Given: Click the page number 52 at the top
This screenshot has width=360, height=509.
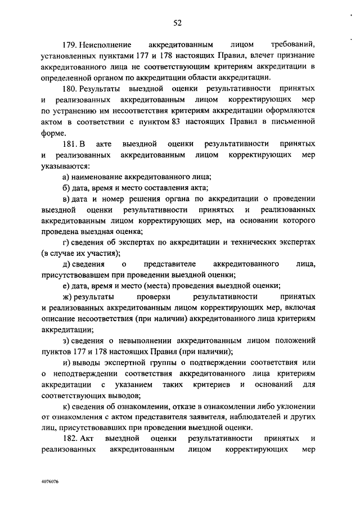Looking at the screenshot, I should [x=177, y=22].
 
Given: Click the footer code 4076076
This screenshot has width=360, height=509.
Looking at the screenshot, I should [x=50, y=483].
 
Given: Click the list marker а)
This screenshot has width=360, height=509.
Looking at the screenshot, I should [x=66, y=177].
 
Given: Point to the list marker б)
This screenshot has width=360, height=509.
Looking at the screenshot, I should [x=66, y=188].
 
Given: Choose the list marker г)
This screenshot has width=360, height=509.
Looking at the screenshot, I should [x=66, y=242].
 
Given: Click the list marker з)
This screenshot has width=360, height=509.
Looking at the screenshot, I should [x=66, y=340].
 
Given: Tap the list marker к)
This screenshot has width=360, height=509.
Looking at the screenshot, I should [x=66, y=406].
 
